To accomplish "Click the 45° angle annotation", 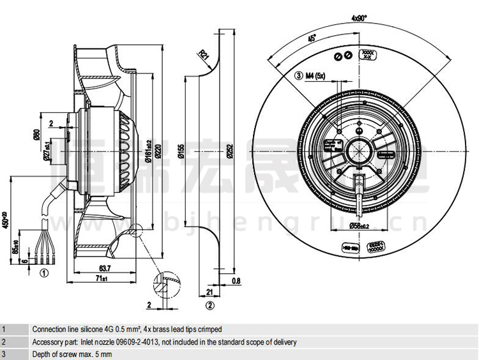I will click(x=312, y=39).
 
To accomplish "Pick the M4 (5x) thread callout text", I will click(x=316, y=76).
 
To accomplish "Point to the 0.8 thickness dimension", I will click(x=236, y=280).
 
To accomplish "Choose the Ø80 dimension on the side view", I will click(x=36, y=136).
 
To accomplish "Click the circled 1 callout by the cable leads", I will click(x=44, y=273).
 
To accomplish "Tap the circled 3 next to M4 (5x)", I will click(x=298, y=76).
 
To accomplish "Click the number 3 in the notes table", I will click(x=4, y=354).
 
